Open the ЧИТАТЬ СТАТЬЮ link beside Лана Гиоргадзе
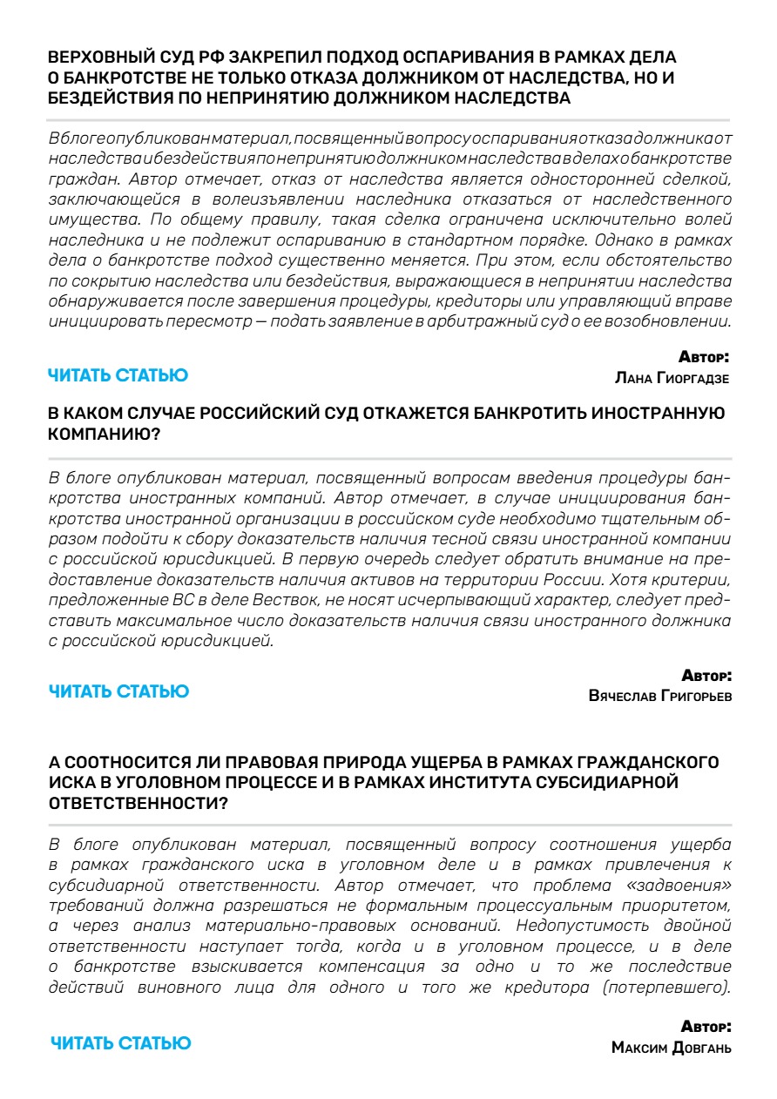(x=118, y=375)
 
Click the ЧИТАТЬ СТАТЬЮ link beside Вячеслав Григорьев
(x=118, y=691)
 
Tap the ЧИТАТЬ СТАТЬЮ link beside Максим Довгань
(x=120, y=1042)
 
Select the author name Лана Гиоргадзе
(x=672, y=378)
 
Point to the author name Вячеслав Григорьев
(x=659, y=697)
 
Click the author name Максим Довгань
(x=671, y=1048)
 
